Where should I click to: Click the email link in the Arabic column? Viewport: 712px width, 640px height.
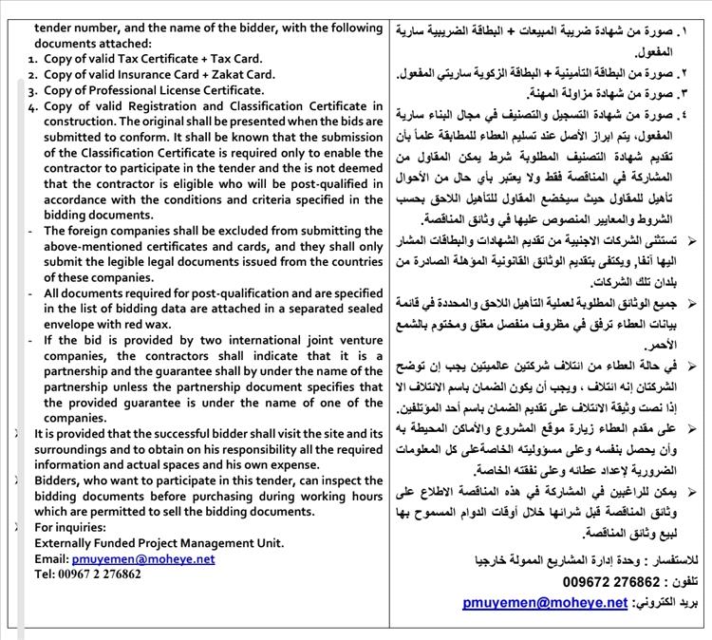point(546,602)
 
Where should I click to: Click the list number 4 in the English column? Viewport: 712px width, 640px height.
point(33,106)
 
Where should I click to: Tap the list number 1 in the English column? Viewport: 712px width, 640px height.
point(33,59)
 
